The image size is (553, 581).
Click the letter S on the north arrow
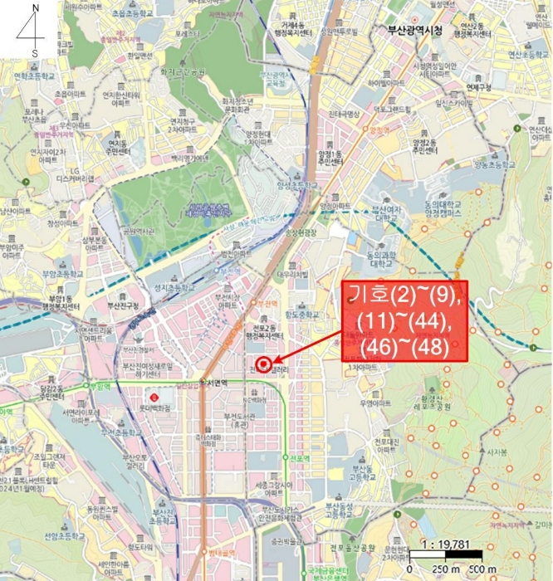click(x=35, y=53)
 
